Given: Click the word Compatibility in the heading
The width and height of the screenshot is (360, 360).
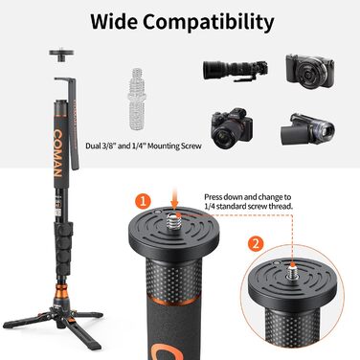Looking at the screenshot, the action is [208, 23].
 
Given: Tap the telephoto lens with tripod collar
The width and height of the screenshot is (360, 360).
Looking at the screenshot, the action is [236, 70].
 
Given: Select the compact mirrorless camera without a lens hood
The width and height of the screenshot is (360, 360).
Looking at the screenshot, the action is [310, 71].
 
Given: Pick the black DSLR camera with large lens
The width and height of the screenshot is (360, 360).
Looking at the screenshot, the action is [232, 128].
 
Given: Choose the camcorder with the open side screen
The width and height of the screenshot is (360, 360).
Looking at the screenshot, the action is [307, 129].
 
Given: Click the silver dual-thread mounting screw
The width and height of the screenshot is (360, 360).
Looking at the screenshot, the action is [138, 99].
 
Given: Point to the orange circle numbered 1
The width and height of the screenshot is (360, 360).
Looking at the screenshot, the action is [143, 201].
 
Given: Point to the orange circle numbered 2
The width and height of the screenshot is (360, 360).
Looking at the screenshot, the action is [256, 244].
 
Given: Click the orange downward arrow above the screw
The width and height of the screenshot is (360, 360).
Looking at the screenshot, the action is [174, 199].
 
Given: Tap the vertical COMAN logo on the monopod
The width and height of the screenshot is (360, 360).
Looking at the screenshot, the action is [57, 153].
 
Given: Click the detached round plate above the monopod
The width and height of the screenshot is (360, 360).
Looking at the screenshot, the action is [61, 55].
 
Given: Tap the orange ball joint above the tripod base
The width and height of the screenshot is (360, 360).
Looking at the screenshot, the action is [61, 290].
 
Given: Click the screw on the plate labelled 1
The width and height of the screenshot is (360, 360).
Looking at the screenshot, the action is [174, 219].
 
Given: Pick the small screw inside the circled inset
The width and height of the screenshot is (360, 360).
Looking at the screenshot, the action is [293, 270].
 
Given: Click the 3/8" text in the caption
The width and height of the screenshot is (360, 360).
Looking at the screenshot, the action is [109, 146].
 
